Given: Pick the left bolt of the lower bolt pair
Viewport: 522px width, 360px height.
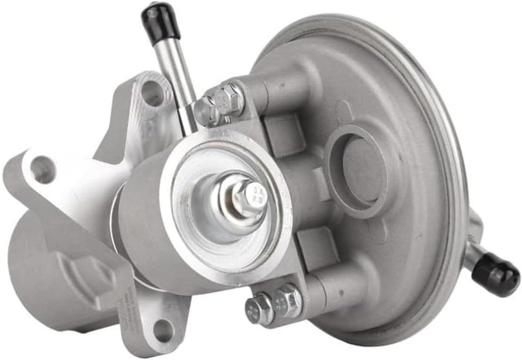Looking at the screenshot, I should pyautogui.click(x=259, y=308).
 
